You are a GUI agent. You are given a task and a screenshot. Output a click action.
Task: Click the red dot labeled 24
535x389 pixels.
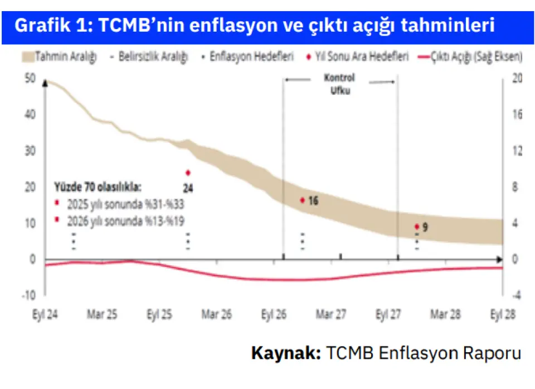point(188,172)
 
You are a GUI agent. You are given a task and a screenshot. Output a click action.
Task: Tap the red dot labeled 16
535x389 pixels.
point(302,200)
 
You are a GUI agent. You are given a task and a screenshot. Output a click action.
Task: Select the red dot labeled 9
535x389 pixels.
point(417,227)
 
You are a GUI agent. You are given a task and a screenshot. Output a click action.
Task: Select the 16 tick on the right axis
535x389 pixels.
point(517,114)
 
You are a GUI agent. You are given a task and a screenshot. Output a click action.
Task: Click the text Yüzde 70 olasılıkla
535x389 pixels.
point(97,186)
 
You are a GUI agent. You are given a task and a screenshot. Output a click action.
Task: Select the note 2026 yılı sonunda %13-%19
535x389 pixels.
point(125,221)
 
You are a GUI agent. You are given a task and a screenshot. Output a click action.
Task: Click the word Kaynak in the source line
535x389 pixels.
point(286,353)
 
